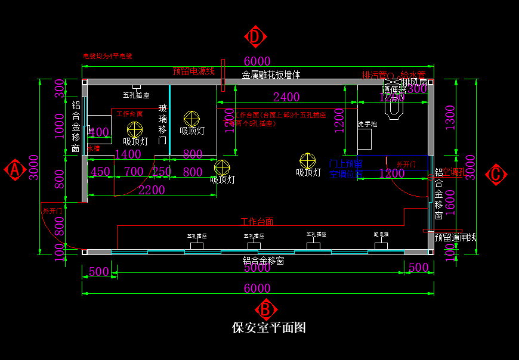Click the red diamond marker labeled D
(255, 37)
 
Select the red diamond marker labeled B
(266, 309)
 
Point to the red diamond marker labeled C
(496, 175)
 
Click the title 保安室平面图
(268, 328)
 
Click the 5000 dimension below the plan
(257, 269)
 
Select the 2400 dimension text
(286, 97)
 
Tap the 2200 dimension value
(151, 190)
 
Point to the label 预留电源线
(193, 72)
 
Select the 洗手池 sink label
(367, 124)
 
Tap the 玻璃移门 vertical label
(162, 125)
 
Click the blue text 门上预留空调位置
(346, 169)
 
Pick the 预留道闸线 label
(455, 237)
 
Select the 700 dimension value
(134, 172)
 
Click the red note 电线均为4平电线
(107, 57)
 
